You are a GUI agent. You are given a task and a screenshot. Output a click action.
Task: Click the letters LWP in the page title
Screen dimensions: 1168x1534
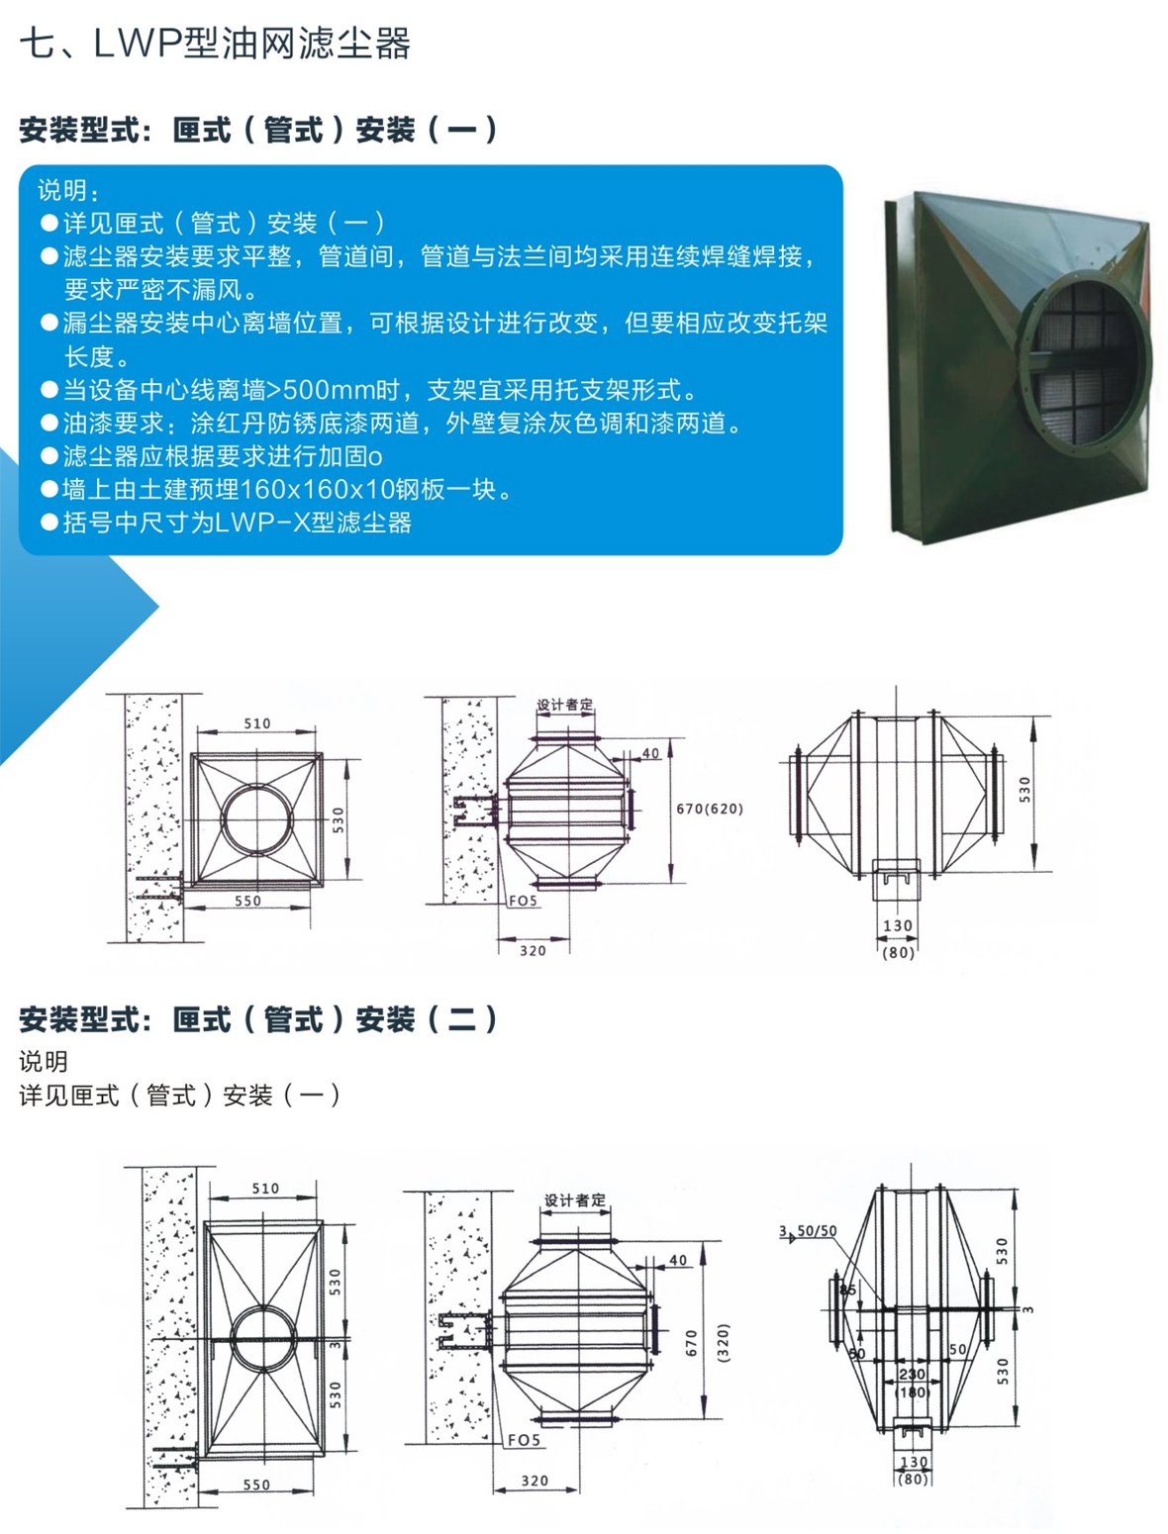137,44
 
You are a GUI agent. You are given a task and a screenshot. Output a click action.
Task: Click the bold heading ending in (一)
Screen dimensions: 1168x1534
258,130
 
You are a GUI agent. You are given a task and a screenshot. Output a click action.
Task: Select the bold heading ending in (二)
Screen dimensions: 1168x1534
258,1019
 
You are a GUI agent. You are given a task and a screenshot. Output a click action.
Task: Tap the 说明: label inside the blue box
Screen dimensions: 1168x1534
68,190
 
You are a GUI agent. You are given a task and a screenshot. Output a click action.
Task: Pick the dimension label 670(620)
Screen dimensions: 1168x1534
709,809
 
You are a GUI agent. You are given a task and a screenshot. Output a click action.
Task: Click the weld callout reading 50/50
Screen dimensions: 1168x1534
817,1231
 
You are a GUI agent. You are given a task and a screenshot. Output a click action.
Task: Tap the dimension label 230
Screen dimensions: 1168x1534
912,1374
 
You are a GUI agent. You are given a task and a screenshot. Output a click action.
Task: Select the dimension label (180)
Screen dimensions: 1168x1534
913,1392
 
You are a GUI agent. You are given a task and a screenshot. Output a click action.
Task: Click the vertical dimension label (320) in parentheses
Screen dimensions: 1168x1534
723,1343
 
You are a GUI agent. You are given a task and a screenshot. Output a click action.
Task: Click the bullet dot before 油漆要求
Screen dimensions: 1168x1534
49,423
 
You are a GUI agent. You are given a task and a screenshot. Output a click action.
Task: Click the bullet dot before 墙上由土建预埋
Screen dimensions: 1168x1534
49,489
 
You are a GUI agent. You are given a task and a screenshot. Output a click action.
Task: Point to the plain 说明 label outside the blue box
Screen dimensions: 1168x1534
44,1061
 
